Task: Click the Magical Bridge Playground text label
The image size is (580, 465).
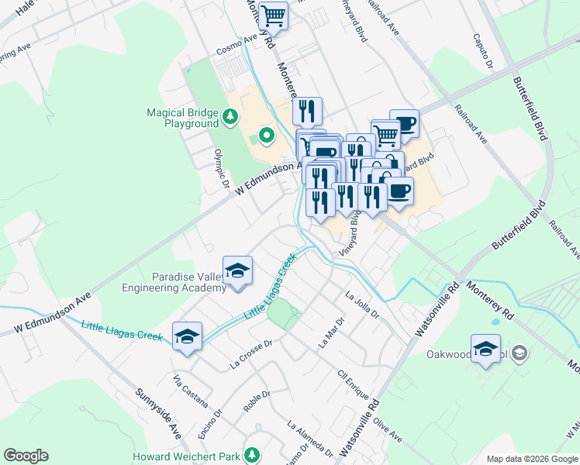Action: click(182, 118)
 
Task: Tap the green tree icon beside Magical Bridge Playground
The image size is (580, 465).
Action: click(230, 117)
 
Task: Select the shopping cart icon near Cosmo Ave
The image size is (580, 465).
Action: click(273, 15)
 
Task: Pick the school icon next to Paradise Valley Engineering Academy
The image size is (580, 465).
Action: click(237, 271)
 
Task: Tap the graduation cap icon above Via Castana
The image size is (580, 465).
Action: click(187, 337)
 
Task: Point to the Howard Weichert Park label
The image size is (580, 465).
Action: click(186, 456)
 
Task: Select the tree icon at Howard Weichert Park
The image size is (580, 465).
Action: click(251, 454)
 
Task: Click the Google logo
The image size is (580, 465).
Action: click(26, 456)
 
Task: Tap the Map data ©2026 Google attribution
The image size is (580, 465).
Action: click(532, 459)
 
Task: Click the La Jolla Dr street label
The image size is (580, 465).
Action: click(362, 305)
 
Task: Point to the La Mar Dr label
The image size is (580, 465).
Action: click(331, 332)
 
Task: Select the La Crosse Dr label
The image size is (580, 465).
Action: click(253, 353)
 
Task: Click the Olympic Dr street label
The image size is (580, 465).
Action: click(222, 168)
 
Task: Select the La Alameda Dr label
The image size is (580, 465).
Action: click(312, 438)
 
